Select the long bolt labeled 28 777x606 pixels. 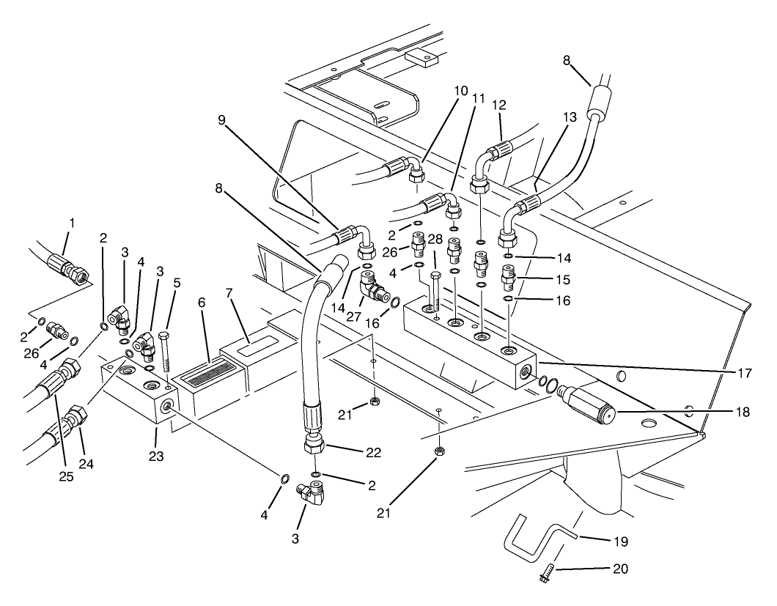(x=433, y=292)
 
